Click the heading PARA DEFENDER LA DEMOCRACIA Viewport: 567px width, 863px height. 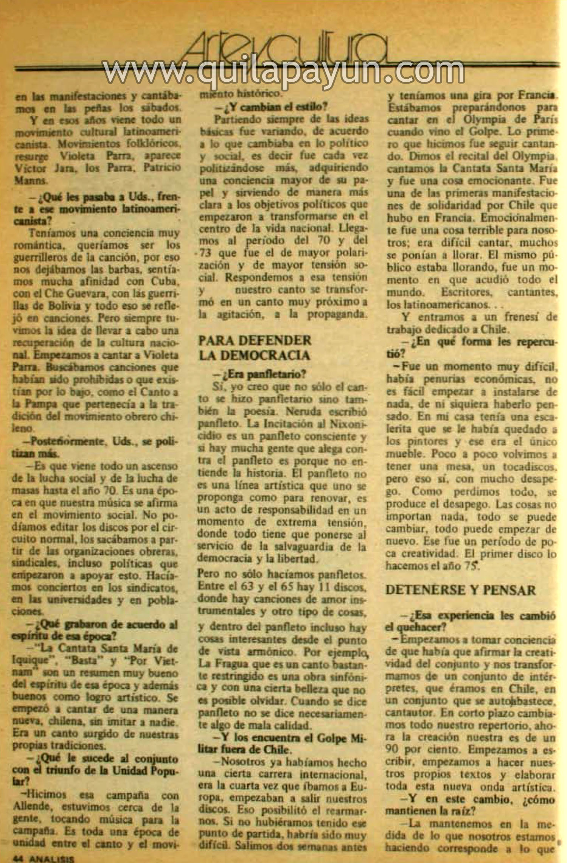point(255,348)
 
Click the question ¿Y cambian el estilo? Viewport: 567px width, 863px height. point(272,107)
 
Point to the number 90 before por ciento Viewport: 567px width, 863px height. point(394,748)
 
